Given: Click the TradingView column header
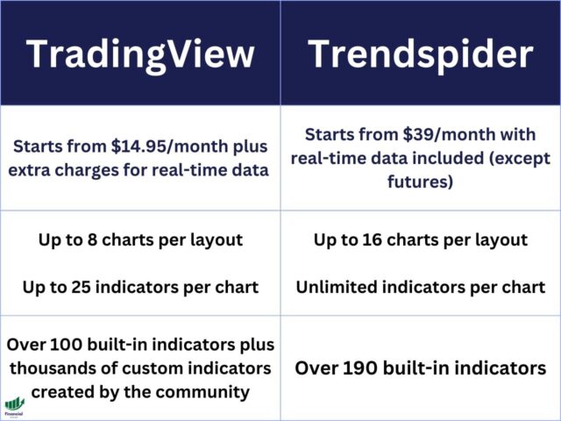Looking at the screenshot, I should point(140,54).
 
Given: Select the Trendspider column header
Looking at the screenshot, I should point(421,54).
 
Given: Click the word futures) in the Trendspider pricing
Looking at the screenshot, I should point(421,182).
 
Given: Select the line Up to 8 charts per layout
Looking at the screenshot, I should point(140,239).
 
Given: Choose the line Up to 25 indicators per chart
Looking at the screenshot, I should point(140,287).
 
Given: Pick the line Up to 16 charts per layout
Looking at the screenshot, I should point(421,239).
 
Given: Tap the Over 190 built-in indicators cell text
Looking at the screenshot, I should point(421,367).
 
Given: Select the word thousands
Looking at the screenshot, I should point(46,368).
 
